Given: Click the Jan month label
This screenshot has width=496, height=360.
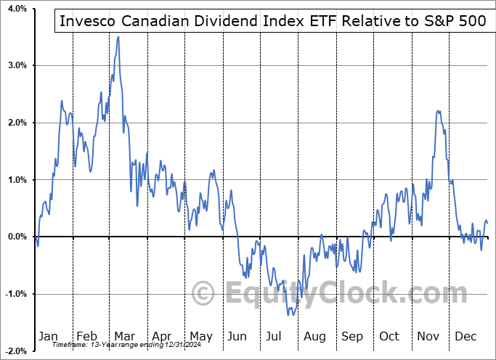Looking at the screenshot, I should tap(47, 336).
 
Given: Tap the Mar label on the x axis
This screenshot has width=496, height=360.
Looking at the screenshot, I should tap(124, 336).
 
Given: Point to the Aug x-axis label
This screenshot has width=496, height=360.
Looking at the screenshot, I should tap(315, 336).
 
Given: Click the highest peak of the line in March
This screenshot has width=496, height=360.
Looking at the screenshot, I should tap(118, 37).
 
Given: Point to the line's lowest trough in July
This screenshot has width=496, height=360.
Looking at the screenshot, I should tap(289, 314).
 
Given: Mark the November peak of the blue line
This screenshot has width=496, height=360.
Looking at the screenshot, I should tap(438, 110).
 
